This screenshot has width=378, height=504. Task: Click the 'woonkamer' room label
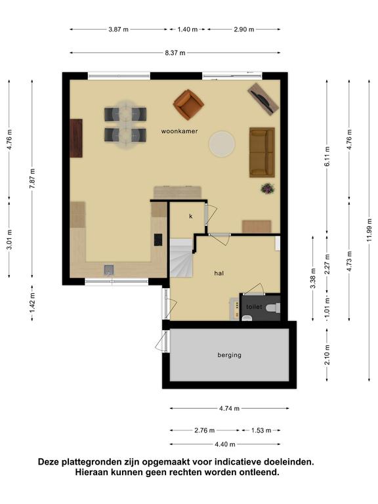coord(179,131)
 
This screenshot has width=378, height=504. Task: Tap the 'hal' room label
coord(219,273)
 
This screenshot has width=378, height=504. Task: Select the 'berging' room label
coord(229,355)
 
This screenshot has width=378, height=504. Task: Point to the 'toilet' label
coord(254,307)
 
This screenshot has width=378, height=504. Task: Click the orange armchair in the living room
coord(188,104)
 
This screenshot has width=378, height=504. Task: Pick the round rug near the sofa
coord(222,144)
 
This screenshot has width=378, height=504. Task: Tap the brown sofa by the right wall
coord(262,152)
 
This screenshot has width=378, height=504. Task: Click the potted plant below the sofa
coord(268,188)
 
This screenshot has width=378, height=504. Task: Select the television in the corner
coord(263,98)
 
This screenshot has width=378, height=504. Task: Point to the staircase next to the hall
coord(181,258)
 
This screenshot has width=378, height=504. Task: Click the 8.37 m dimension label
coord(175,53)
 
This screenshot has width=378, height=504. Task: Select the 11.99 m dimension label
coord(369,230)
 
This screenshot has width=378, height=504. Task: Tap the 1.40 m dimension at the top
coord(188,30)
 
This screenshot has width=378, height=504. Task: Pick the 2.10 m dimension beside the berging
coord(327,354)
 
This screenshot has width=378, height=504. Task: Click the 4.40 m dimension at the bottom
coord(225,444)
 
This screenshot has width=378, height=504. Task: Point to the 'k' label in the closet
coord(190,217)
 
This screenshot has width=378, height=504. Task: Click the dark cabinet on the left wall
coord(76,138)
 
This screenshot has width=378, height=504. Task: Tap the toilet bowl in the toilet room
coord(273,308)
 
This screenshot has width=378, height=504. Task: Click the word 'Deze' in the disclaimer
coord(49,462)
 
